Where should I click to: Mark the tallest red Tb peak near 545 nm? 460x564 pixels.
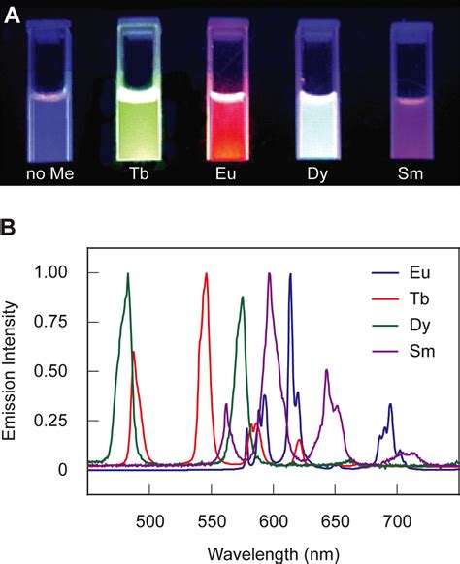coord(206,275)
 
